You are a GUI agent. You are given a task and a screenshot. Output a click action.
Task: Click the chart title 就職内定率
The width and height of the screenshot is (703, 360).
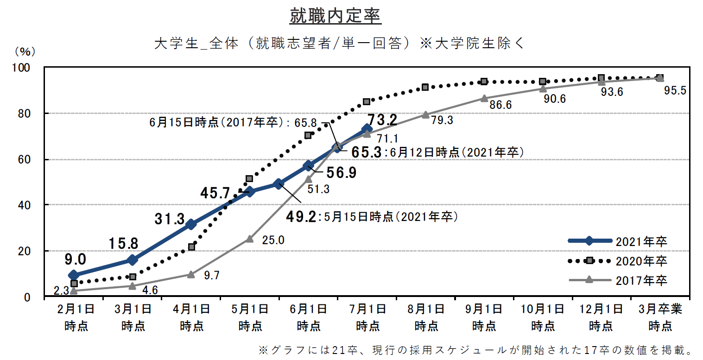(335, 16)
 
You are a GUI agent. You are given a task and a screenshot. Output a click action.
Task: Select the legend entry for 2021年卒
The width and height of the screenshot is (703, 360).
(618, 241)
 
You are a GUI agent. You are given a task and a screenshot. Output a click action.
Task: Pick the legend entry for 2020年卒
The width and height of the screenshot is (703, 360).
(618, 260)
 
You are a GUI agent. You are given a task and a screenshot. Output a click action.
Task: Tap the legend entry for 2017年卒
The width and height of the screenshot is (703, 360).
(618, 280)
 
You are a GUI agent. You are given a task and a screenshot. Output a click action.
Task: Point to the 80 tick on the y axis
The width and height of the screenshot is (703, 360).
(24, 114)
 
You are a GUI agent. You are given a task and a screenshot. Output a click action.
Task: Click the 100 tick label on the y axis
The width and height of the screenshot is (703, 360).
(21, 68)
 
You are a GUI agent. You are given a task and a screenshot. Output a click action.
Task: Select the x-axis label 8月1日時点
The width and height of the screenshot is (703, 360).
(426, 318)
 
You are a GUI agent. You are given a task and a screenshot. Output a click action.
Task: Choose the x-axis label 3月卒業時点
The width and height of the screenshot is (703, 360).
(660, 318)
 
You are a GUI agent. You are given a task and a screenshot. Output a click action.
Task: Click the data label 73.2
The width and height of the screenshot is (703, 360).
(382, 120)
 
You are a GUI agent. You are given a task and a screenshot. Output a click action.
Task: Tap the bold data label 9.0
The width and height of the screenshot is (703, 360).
(76, 259)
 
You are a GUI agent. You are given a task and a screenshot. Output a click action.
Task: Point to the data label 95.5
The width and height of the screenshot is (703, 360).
(675, 90)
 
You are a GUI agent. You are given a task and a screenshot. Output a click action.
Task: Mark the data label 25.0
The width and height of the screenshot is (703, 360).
(273, 240)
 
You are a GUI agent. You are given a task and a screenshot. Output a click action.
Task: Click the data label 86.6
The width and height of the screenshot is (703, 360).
(500, 105)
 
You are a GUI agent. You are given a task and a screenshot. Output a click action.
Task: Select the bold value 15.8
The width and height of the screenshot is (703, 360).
(123, 244)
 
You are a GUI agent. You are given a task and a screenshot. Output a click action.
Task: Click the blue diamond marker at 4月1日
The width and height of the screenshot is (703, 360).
(191, 224)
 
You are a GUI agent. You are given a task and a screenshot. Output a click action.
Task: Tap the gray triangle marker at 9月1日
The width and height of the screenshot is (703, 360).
(484, 98)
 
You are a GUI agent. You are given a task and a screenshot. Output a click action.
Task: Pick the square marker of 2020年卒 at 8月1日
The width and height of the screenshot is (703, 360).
(425, 87)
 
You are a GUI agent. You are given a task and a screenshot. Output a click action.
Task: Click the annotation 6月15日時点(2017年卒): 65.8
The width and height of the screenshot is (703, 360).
(233, 122)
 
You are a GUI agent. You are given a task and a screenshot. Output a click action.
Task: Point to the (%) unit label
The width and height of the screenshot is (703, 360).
(25, 51)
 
